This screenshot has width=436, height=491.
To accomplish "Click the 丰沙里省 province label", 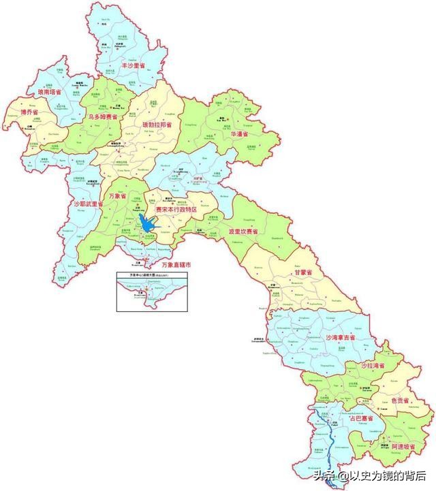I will tap(134, 65).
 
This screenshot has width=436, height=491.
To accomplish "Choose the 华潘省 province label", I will tap(240, 134).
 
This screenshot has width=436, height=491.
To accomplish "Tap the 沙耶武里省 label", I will tap(88, 203).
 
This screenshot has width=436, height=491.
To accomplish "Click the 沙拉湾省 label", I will tap(373, 366).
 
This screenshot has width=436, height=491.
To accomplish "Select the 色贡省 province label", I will tap(401, 401).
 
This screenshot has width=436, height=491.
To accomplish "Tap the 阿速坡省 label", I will tap(405, 446).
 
